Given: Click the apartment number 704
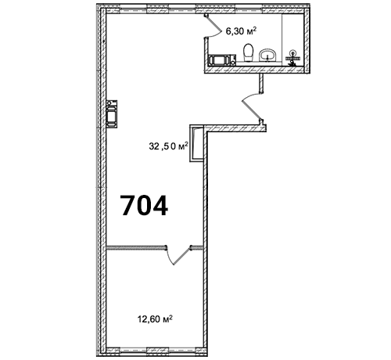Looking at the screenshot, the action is (x=144, y=206).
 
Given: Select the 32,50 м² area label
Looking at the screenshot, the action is (x=168, y=146).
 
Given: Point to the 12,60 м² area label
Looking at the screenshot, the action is (x=155, y=319).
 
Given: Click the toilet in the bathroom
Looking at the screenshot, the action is (x=248, y=52).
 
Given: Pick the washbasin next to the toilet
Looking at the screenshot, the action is (x=267, y=55).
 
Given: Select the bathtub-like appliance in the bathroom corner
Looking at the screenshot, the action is (x=222, y=59).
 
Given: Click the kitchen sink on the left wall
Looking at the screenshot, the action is (x=112, y=114).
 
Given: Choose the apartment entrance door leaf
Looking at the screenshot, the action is (x=251, y=108).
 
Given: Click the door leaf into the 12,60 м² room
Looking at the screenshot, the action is (x=182, y=256).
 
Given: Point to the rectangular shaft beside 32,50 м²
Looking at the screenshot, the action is (x=196, y=143).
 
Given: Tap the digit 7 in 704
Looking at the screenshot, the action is (x=129, y=206).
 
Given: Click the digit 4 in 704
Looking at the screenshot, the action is (x=160, y=206).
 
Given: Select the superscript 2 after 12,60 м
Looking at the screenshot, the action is (x=170, y=317).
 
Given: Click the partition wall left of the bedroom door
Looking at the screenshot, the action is (x=137, y=247).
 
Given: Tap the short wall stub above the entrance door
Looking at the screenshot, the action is (x=261, y=83).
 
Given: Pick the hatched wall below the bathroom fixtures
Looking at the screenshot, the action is (x=254, y=70).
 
